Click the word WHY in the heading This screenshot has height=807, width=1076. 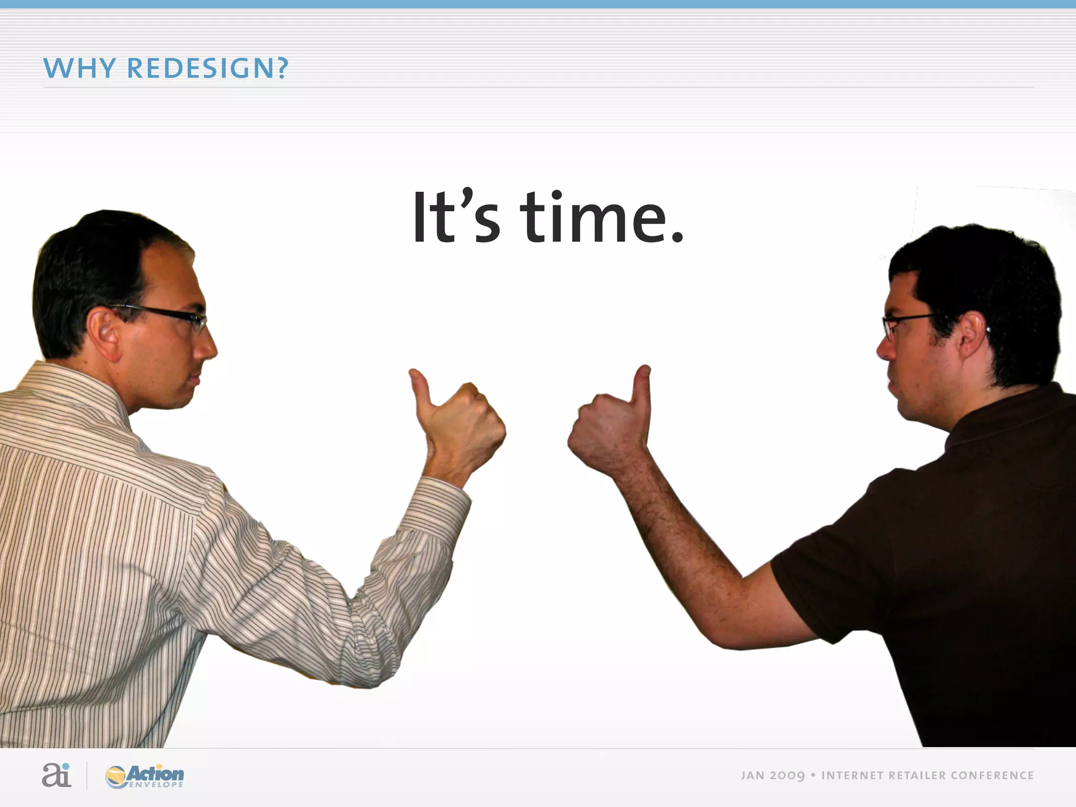pyautogui.click(x=79, y=68)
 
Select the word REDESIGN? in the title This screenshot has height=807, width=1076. pyautogui.click(x=208, y=68)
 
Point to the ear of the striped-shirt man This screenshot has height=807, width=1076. pyautogui.click(x=102, y=334)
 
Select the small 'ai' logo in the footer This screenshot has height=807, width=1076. pyautogui.click(x=56, y=775)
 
